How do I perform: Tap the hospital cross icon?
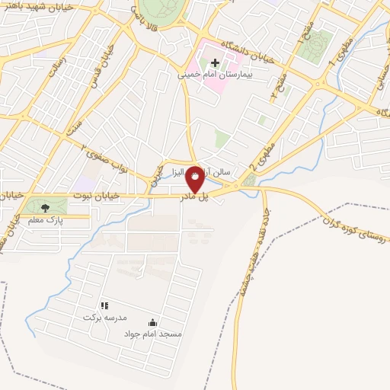(x=215, y=63)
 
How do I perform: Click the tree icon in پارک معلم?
(x=46, y=206)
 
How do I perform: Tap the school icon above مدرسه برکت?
(x=104, y=305)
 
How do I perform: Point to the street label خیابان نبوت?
(x=97, y=196)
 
